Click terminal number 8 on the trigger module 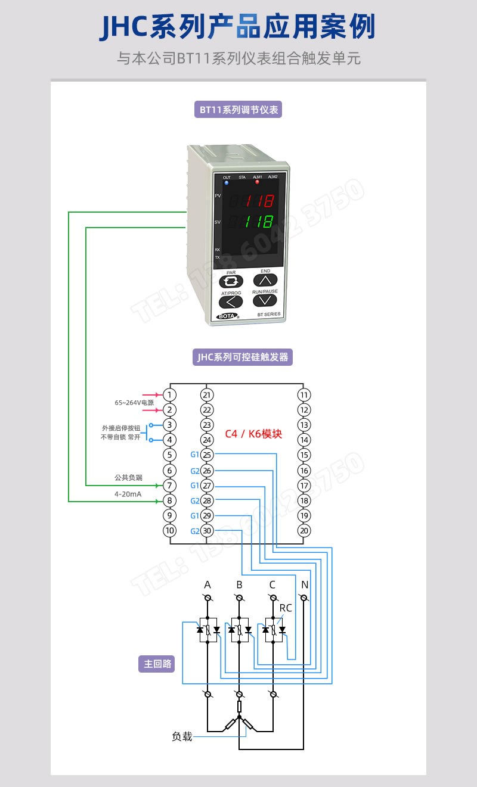tap(170, 500)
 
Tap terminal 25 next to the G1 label tap(207, 455)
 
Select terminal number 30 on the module tap(207, 531)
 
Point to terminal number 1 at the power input tap(170, 395)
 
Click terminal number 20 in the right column tap(304, 531)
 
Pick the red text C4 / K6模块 tap(253, 434)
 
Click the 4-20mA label tap(128, 494)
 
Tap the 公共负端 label tap(128, 477)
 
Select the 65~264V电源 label tap(134, 403)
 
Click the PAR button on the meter tap(231, 281)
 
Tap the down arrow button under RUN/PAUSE tap(265, 300)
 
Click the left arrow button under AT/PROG tap(231, 301)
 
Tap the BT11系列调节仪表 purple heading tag tap(238, 110)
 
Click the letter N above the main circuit tap(305, 585)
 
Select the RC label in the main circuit tap(286, 608)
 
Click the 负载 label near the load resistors tap(182, 737)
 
